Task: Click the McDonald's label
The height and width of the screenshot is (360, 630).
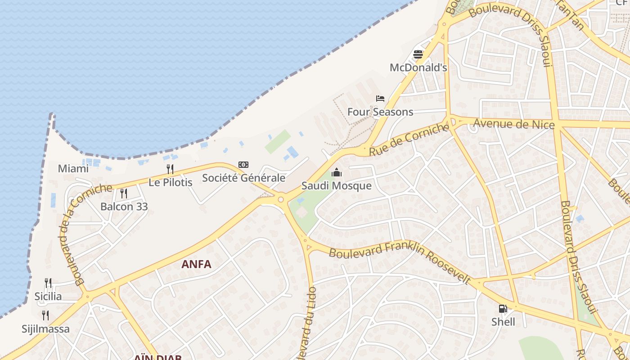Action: point(418,67)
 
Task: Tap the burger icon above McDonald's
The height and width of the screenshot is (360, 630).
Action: point(418,54)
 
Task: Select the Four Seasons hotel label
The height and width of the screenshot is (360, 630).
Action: point(380,112)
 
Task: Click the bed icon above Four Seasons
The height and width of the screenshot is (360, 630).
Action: point(380,99)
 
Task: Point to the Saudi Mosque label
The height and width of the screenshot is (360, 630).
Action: point(337,186)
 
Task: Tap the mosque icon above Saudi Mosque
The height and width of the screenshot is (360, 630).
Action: point(337,172)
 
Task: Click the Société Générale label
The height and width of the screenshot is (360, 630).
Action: point(243,178)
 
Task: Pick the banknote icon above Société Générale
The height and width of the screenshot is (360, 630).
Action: point(243,165)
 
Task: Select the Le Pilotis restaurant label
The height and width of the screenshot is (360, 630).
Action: point(171,182)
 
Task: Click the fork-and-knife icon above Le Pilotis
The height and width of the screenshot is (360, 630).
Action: point(170,169)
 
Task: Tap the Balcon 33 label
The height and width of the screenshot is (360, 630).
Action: point(124,207)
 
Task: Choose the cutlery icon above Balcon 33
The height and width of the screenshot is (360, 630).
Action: point(124,193)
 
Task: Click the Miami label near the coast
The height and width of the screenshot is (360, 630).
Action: point(73,169)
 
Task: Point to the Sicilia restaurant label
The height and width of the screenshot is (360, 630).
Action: point(48,296)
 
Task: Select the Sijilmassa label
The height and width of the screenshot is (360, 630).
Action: point(46,328)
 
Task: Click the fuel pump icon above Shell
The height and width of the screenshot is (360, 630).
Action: point(503,309)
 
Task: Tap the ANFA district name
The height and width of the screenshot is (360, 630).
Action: point(196,264)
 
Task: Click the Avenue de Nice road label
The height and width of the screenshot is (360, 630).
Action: point(514,124)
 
